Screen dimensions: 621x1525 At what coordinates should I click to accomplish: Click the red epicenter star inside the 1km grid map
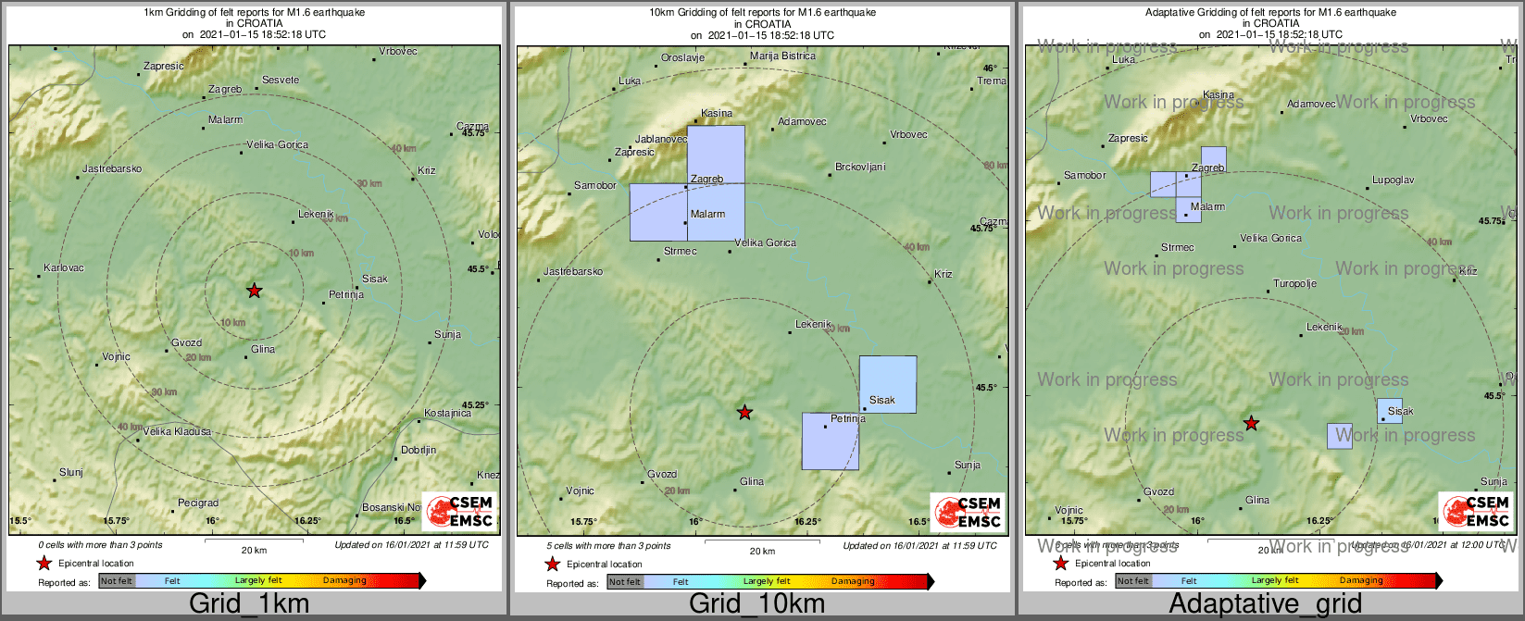254,291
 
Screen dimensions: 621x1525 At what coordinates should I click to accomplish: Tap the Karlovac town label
64,268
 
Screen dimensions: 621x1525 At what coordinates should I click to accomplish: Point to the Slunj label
71,473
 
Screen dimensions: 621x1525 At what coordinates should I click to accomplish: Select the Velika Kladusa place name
177,432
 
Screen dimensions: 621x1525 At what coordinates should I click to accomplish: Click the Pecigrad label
198,503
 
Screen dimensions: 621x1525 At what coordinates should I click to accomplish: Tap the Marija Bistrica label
782,56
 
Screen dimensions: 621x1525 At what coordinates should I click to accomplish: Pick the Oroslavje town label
682,57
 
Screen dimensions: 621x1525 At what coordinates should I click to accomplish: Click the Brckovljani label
860,168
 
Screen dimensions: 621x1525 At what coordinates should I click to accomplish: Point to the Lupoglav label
1393,180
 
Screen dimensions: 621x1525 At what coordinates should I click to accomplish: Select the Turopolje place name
1294,284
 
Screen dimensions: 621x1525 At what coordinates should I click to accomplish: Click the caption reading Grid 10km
756,604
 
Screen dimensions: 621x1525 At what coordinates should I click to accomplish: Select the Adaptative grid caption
1265,604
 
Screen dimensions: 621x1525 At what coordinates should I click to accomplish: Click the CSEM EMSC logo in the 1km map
459,512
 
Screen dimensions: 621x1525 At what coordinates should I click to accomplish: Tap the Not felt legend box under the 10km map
625,582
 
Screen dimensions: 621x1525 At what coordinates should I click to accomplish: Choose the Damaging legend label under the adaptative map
1361,581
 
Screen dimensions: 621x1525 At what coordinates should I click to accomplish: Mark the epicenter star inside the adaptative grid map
1251,423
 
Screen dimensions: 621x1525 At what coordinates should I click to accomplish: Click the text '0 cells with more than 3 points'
100,546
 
